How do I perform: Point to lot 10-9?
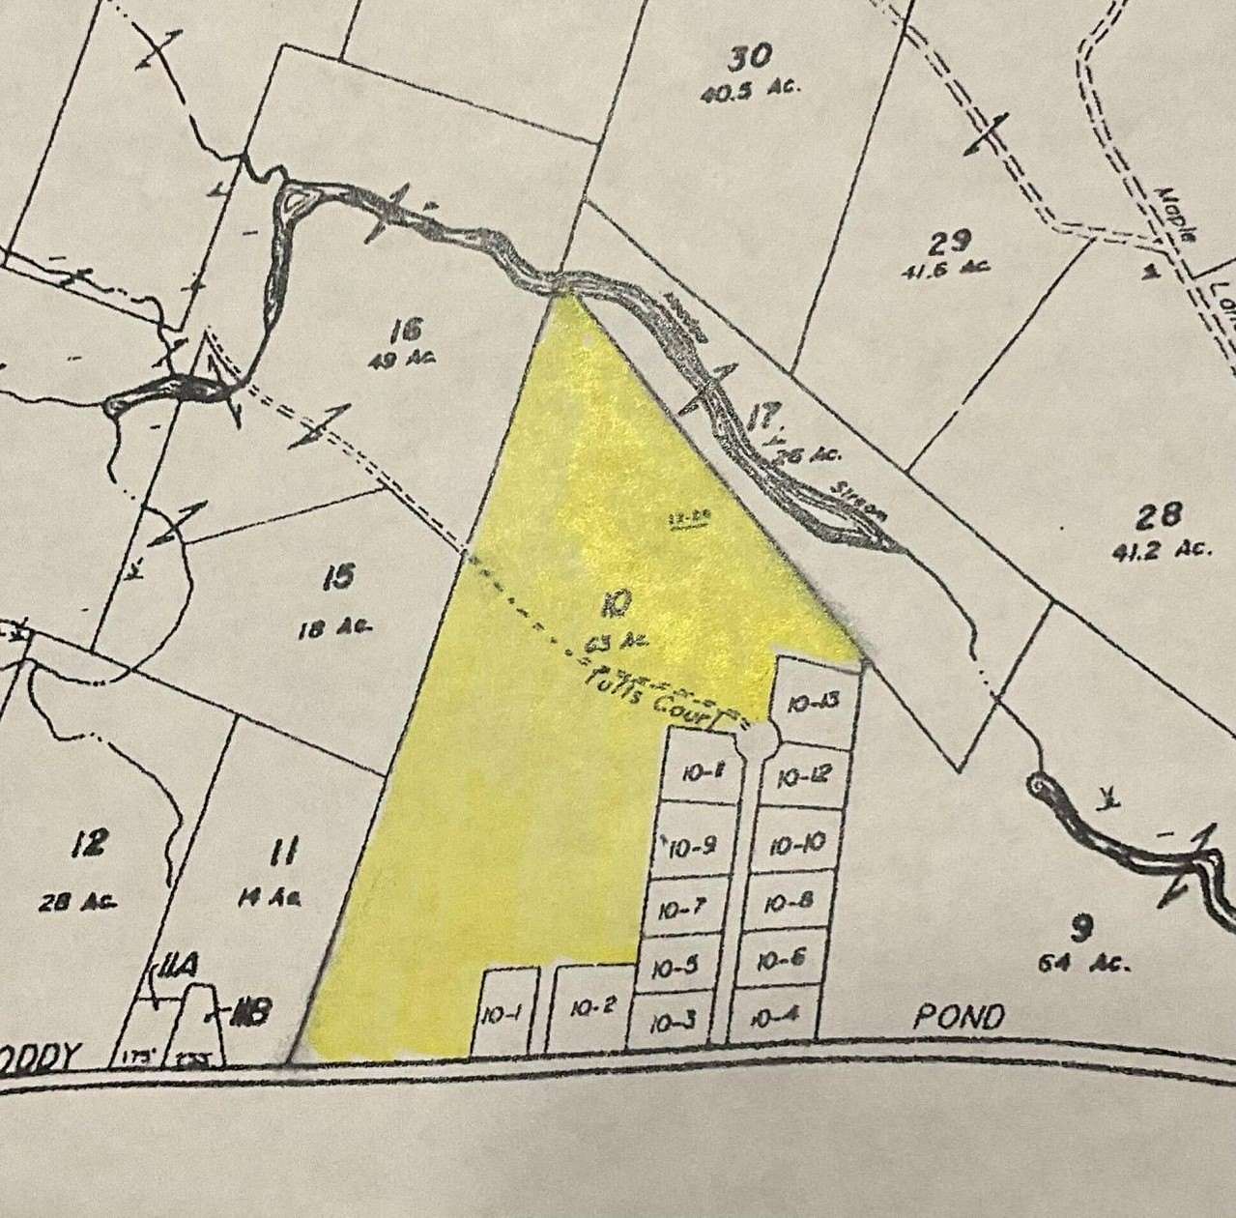point(690,849)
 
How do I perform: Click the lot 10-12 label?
point(802,775)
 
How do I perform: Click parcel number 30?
point(750,58)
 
